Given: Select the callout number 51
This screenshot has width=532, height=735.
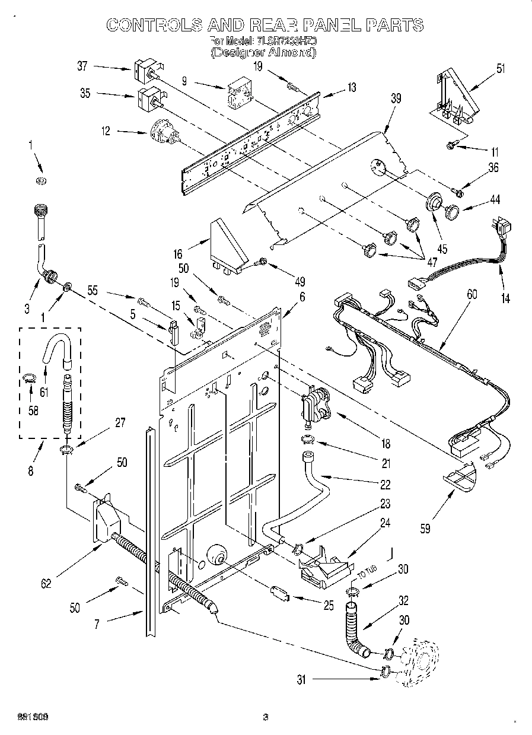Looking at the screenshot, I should click(501, 68).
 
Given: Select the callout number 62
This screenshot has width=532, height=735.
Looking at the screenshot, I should click(45, 583).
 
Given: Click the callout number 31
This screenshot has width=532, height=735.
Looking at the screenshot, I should click(301, 680).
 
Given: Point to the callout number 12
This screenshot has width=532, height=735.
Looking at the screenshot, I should click(106, 131).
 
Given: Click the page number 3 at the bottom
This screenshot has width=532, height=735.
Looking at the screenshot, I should click(266, 717).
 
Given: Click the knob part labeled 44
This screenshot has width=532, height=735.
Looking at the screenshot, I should click(453, 211).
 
